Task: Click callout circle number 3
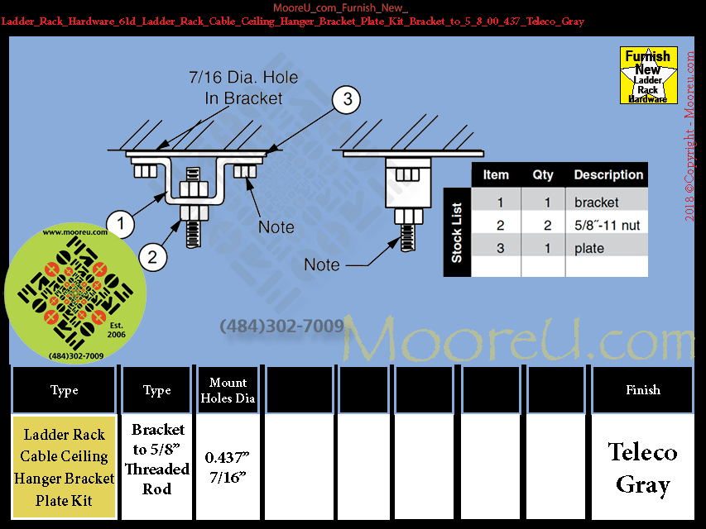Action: (348, 100)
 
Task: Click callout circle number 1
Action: (122, 223)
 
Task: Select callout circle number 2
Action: (152, 256)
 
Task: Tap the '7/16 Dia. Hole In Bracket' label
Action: (243, 88)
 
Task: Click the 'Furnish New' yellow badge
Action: (648, 75)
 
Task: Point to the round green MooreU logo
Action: (75, 294)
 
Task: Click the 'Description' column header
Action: (608, 175)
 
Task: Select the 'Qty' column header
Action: (543, 175)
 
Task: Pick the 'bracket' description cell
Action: (597, 203)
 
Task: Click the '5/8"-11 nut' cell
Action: (607, 226)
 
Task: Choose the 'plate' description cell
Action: (589, 249)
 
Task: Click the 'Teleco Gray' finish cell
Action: (642, 469)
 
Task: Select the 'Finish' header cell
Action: (642, 390)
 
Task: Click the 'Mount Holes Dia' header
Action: (228, 390)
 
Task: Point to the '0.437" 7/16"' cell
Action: (228, 469)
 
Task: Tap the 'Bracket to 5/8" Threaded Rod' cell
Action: (157, 460)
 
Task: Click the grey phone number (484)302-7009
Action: (281, 326)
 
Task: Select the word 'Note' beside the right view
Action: (322, 264)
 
